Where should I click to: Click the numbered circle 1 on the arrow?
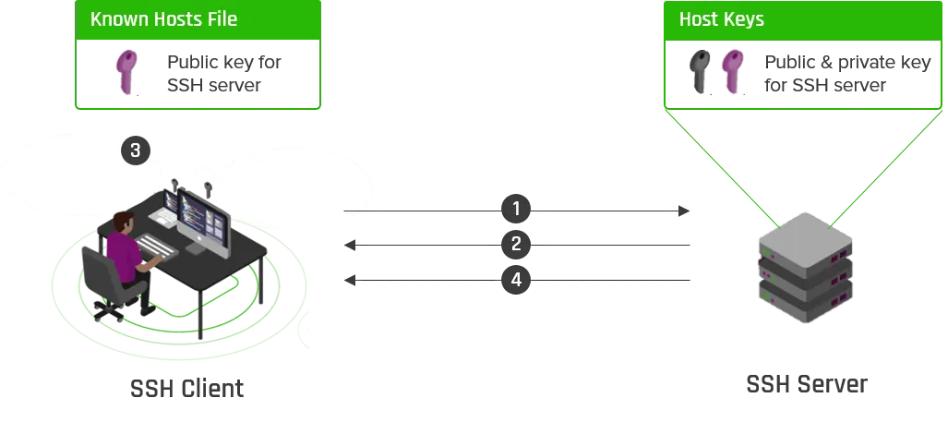pyautogui.click(x=516, y=210)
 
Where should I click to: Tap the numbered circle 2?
pyautogui.click(x=516, y=245)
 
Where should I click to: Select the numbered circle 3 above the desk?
pyautogui.click(x=136, y=150)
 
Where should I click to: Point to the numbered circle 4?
pyautogui.click(x=516, y=280)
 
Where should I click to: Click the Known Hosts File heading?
pyautogui.click(x=163, y=19)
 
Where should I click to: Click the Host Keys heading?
pyautogui.click(x=721, y=19)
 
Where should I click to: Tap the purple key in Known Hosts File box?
pyautogui.click(x=127, y=72)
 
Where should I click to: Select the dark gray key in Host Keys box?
pyautogui.click(x=700, y=72)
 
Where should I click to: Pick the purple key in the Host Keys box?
pyautogui.click(x=733, y=72)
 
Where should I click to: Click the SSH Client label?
pyautogui.click(x=186, y=388)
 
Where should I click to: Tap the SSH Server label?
pyautogui.click(x=807, y=384)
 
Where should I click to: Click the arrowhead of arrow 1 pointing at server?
pyautogui.click(x=684, y=211)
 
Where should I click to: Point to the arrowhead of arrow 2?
pyautogui.click(x=350, y=245)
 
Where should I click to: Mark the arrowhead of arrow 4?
pyautogui.click(x=350, y=280)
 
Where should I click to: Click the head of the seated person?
pyautogui.click(x=124, y=222)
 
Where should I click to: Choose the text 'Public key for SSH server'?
pyautogui.click(x=223, y=73)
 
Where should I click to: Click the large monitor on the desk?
pyautogui.click(x=204, y=223)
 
